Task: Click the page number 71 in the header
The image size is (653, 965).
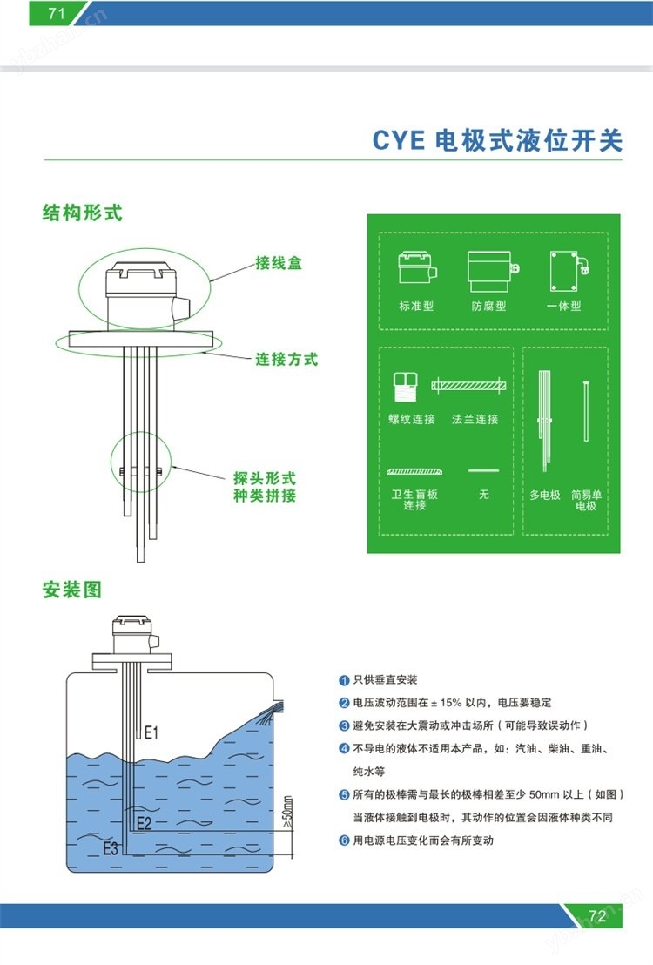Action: click(x=56, y=13)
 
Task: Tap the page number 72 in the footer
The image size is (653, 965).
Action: click(x=597, y=915)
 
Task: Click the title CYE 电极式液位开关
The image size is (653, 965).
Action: click(x=497, y=141)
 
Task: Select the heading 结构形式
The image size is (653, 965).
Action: click(x=83, y=213)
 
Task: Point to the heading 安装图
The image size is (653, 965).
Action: click(x=72, y=590)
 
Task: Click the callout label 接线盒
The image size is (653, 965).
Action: click(x=279, y=263)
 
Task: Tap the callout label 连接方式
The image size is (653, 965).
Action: click(x=286, y=360)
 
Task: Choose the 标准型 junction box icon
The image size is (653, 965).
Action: click(x=417, y=268)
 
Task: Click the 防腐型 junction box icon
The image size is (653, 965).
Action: click(x=493, y=271)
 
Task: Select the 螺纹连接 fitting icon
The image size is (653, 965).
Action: click(x=406, y=388)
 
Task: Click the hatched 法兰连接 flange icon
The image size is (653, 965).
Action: click(x=468, y=386)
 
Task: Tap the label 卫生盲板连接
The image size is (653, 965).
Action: click(x=414, y=500)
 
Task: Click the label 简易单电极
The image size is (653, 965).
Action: click(x=586, y=500)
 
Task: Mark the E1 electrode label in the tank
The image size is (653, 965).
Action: click(x=151, y=732)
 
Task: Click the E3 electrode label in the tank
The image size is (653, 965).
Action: click(x=111, y=848)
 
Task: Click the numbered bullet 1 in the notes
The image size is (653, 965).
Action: click(x=344, y=680)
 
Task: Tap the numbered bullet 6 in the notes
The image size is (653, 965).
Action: click(x=344, y=840)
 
